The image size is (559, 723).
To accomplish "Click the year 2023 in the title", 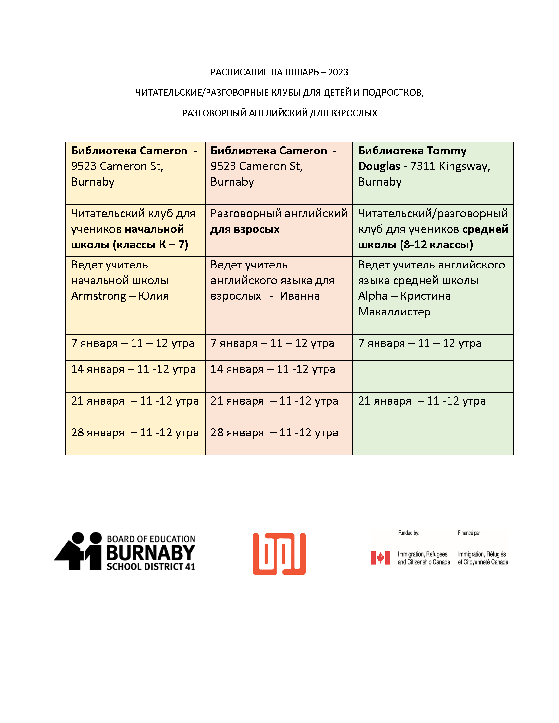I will [338, 72].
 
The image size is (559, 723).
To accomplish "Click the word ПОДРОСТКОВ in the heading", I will [392, 93].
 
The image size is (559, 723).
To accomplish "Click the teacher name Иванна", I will [300, 296].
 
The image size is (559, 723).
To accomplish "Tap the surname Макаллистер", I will [394, 312].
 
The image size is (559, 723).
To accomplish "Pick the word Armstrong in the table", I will [98, 296].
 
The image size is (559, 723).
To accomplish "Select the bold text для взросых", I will [245, 229].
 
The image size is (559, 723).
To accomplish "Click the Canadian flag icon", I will [380, 558].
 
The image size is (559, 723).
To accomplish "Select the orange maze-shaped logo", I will [279, 554].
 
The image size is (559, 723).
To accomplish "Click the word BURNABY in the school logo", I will [151, 552].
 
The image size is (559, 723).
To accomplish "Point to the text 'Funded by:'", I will [408, 533].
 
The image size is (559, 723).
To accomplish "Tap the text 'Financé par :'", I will [470, 533].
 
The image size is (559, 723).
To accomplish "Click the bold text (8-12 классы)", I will [436, 245].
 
